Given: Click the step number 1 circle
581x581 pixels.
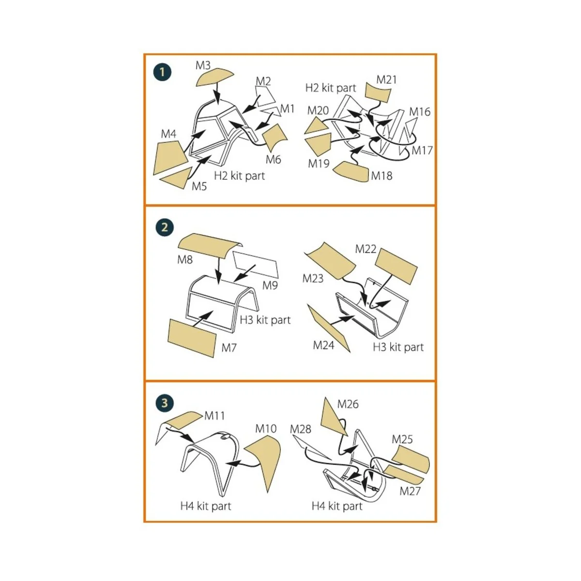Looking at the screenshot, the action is (x=162, y=72).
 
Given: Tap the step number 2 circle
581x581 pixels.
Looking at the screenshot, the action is (x=165, y=227).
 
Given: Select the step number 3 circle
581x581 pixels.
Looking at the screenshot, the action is (x=165, y=403).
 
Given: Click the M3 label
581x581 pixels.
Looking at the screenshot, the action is (x=203, y=65).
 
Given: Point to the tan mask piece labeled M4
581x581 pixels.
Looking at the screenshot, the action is (x=169, y=158).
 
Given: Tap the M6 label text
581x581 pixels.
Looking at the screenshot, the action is (x=273, y=159).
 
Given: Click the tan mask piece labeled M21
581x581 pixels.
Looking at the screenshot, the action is (x=378, y=92).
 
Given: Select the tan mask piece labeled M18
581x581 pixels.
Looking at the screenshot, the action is (x=351, y=172).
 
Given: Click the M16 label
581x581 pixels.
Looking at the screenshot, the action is (x=420, y=112).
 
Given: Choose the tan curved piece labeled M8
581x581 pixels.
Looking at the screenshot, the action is (x=210, y=245).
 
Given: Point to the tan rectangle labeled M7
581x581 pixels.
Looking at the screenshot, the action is (x=192, y=338).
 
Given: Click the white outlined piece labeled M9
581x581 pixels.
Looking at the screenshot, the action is (x=256, y=264).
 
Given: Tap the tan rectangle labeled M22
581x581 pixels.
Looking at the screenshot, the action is (x=396, y=266).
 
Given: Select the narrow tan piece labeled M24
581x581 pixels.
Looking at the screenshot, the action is (x=329, y=328).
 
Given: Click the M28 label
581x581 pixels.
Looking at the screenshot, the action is (x=300, y=429).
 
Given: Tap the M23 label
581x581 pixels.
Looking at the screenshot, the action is (x=313, y=278).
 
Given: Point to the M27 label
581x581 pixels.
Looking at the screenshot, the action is (x=410, y=491).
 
